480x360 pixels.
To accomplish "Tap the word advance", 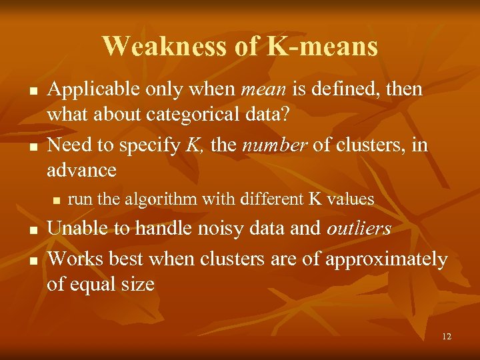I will (81, 170).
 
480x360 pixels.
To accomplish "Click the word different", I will (270, 199).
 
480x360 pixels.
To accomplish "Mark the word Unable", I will (79, 229).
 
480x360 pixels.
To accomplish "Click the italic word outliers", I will (359, 229).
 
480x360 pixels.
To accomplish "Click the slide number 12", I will (446, 337).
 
